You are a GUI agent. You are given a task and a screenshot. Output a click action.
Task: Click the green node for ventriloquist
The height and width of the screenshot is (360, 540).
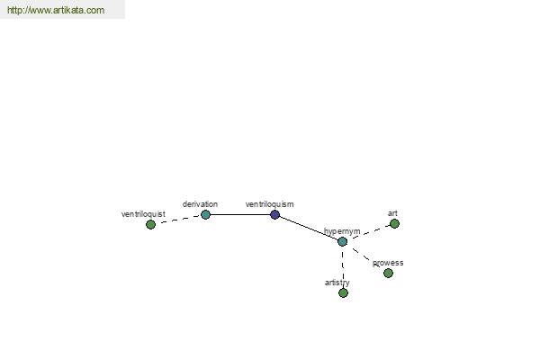coord(150,225)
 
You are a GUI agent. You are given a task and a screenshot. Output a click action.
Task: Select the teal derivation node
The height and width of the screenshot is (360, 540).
coord(205,214)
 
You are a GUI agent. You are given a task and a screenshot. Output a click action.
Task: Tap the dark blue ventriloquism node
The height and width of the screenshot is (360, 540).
coord(274,214)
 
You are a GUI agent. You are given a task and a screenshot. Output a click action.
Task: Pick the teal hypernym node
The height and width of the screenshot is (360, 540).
coord(342,241)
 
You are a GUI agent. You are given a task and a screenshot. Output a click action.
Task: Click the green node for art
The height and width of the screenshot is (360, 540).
coord(394,224)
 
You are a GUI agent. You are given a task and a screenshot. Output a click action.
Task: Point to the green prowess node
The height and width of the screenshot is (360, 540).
coord(388,274)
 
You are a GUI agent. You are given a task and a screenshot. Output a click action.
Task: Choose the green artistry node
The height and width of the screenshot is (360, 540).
coord(343,293)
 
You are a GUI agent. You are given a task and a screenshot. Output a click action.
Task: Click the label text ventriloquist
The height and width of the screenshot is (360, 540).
coord(143,214)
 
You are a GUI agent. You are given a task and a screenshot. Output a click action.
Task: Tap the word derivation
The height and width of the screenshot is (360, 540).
coord(200,204)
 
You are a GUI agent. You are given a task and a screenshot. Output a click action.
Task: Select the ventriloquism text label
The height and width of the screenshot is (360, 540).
coord(270,204)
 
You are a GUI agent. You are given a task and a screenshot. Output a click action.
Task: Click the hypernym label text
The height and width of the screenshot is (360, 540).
coord(342,231)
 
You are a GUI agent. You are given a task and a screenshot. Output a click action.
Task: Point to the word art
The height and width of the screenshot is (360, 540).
coord(392,213)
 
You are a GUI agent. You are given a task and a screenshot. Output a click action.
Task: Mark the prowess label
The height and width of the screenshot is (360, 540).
coord(388,263)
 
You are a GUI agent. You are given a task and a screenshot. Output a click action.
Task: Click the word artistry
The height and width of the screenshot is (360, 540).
coord(337,283)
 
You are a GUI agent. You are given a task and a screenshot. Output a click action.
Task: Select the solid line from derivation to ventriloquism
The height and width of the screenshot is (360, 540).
coord(240,214)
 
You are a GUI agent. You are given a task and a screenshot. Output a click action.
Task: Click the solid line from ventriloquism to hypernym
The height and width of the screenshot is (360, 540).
coord(308,228)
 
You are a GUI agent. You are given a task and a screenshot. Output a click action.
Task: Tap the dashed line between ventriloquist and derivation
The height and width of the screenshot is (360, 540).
coord(178,219)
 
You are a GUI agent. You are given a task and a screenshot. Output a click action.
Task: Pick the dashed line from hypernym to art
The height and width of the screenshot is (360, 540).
coord(368,232)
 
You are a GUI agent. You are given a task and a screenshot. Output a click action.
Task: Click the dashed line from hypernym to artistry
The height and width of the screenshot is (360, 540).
coord(343,267)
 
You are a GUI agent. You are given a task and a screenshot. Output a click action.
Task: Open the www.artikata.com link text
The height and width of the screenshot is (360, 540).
coord(56,10)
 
